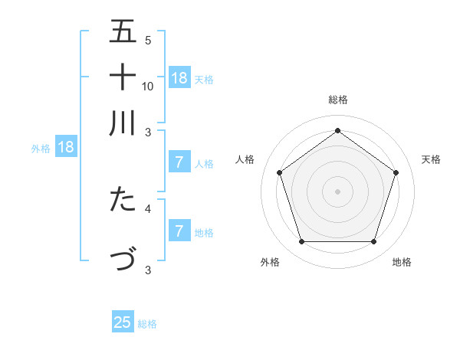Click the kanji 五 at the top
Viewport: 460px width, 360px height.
(x=123, y=31)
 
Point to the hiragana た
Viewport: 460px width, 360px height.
(x=123, y=199)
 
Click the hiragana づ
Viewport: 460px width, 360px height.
(x=123, y=259)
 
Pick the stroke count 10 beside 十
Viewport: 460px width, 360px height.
(x=148, y=86)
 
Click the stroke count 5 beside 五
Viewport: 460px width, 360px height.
(x=148, y=41)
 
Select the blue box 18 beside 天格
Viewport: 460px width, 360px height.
(x=179, y=78)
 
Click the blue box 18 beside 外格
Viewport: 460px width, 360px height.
(x=66, y=147)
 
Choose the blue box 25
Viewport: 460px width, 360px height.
(x=123, y=322)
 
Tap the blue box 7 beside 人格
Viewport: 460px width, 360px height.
(x=179, y=162)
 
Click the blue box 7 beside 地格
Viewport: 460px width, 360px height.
(x=179, y=231)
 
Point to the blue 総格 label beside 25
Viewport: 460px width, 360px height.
(x=147, y=324)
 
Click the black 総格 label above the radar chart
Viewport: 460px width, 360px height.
(x=338, y=100)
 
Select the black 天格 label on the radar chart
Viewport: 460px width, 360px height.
(x=432, y=159)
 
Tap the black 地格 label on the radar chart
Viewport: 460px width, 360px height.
(x=402, y=263)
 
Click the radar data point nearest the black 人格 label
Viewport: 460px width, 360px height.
(x=280, y=172)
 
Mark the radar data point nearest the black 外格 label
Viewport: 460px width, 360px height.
(x=301, y=242)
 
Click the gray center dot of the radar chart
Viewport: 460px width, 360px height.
(x=338, y=191)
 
